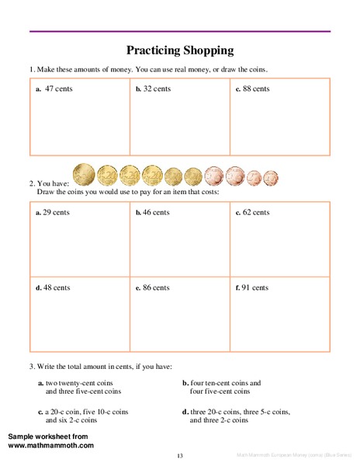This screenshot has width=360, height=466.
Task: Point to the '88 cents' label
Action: click(x=256, y=89)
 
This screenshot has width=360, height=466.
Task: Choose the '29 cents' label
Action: click(x=57, y=211)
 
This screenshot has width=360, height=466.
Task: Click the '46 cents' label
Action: click(x=157, y=211)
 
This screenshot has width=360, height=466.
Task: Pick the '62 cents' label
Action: click(x=256, y=211)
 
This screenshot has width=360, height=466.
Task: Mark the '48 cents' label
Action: click(x=57, y=287)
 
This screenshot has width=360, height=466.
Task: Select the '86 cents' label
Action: click(x=156, y=287)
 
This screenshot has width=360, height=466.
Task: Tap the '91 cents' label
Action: click(x=255, y=287)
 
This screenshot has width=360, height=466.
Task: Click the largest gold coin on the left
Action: click(x=84, y=175)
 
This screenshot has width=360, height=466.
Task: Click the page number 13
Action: click(x=179, y=455)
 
